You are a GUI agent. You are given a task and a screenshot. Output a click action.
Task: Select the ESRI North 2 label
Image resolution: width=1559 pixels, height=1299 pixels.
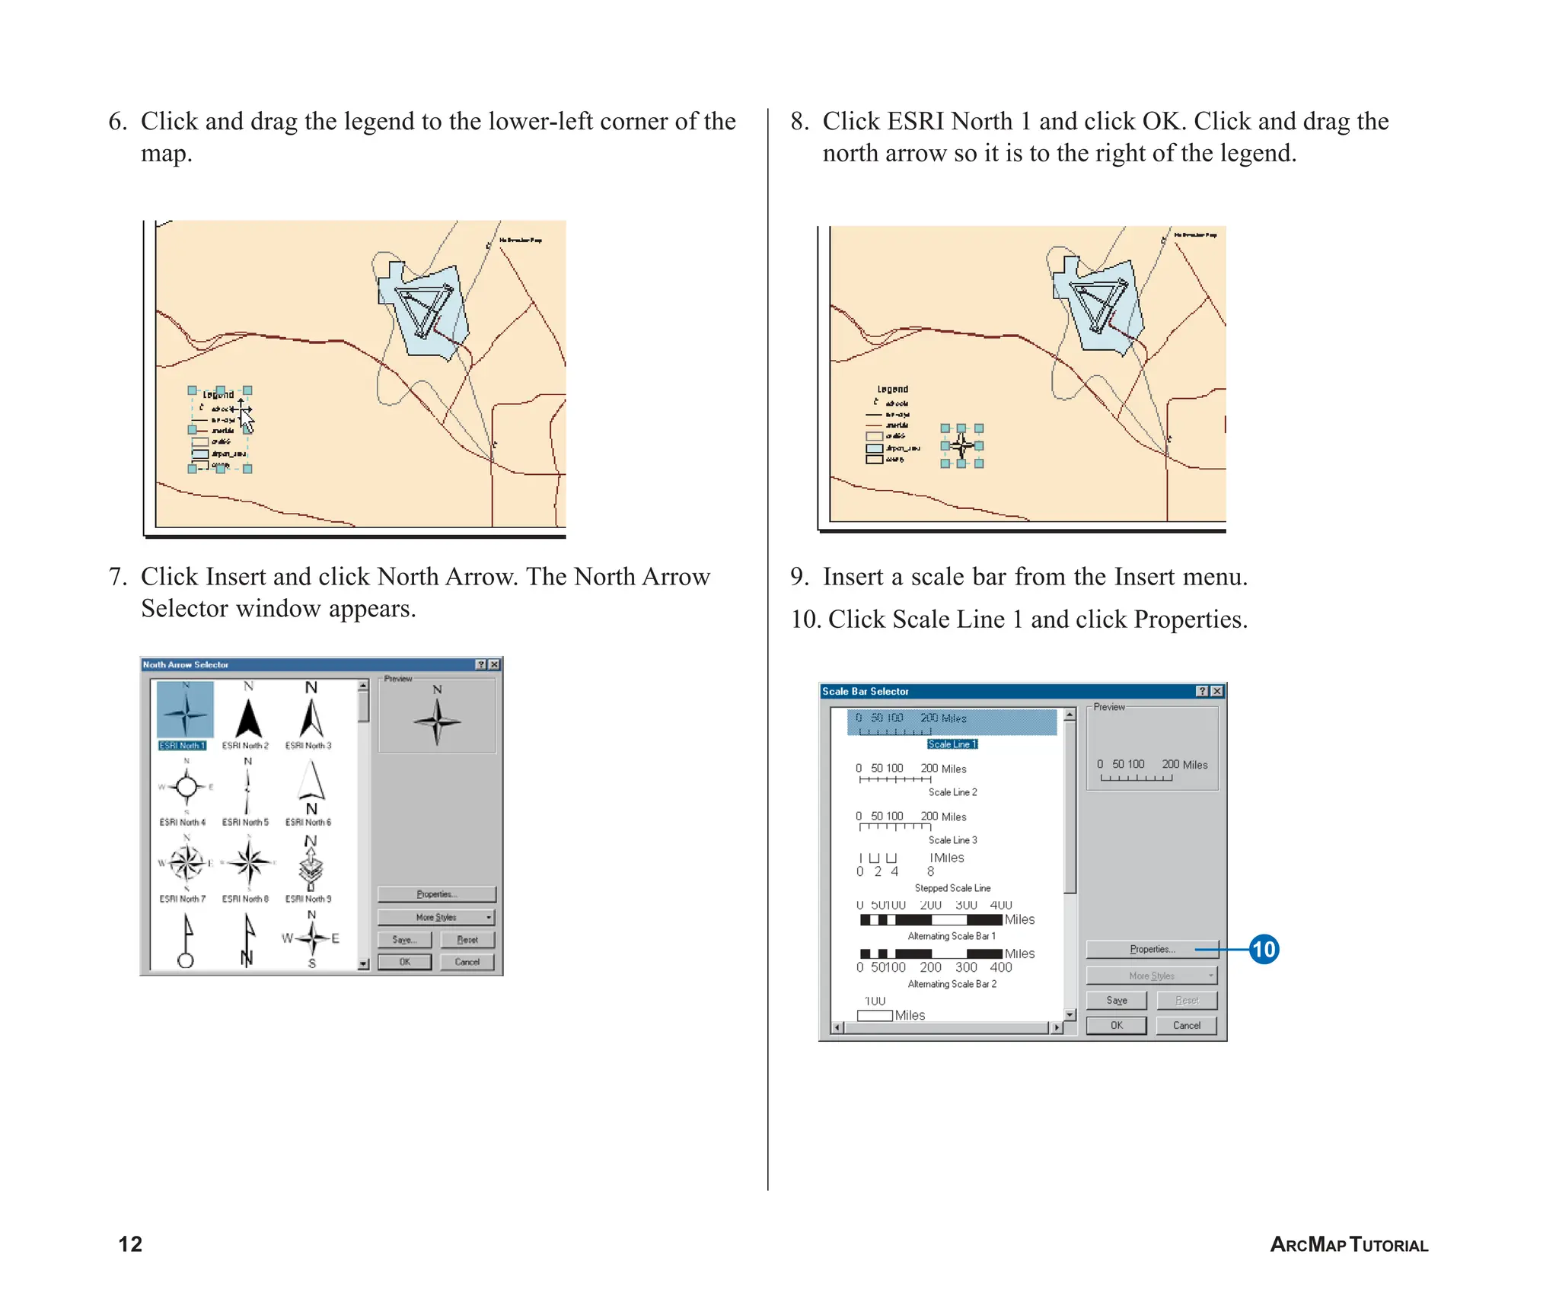coord(245,746)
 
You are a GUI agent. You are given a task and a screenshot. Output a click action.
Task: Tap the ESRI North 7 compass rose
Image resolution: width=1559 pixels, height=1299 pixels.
coord(186,862)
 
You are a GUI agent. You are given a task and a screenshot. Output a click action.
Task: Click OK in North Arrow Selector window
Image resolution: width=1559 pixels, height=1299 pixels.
coord(404,962)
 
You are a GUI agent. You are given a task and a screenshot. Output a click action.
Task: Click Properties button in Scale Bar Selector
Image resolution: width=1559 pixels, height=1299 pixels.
coord(1152,949)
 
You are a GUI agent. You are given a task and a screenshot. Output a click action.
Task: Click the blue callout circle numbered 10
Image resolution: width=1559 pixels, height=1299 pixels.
coord(1264,949)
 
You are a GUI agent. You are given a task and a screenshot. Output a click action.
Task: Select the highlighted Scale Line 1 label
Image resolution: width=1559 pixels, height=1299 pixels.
coord(952,744)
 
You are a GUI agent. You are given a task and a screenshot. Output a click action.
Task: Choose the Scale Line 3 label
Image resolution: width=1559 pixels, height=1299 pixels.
coord(952,840)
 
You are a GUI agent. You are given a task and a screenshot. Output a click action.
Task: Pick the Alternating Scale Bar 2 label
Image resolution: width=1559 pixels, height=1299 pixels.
coord(952,984)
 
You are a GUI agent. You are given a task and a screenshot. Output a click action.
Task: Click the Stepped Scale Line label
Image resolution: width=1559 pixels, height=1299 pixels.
coord(952,888)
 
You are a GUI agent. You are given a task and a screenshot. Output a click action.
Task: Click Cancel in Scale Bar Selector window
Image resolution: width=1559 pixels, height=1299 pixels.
coord(1186,1025)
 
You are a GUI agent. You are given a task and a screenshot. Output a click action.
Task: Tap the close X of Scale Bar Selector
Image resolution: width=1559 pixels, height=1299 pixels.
coord(1216,691)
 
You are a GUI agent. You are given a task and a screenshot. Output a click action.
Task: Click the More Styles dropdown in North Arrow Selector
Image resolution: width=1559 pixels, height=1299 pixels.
coord(436,917)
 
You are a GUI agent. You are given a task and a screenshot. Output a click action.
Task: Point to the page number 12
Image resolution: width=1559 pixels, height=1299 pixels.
coord(130,1244)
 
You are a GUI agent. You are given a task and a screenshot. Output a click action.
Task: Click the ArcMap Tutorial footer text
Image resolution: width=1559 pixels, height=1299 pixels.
coord(1349,1245)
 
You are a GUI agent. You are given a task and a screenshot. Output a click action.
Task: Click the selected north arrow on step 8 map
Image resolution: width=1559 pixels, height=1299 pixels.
coord(961,446)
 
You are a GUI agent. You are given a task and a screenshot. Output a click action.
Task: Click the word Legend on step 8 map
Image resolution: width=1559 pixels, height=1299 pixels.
coord(892,389)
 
